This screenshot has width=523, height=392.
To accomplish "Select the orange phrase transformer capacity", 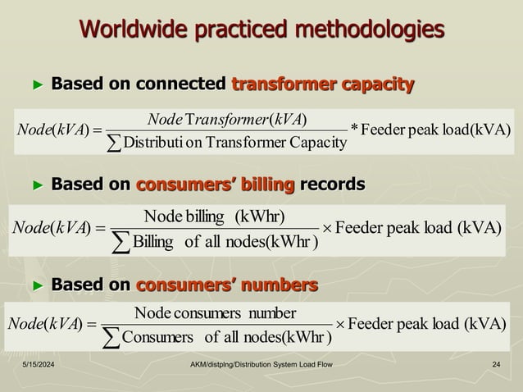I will point(323,84).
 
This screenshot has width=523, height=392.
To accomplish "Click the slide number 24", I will point(496,363).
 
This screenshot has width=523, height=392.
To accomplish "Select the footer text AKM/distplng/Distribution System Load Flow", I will point(260,363).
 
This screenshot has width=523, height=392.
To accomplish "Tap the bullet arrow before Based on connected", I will point(36,84).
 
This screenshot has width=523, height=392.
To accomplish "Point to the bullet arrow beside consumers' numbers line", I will point(36,285).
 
